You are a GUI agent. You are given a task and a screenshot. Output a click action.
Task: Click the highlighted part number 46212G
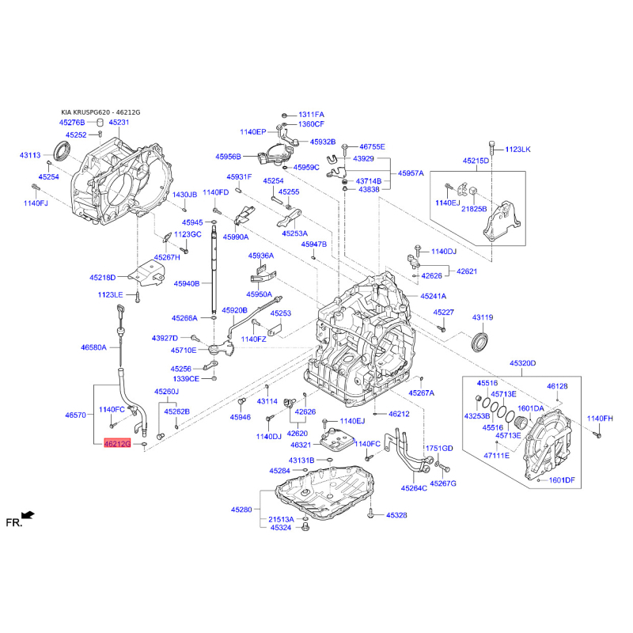[117, 444]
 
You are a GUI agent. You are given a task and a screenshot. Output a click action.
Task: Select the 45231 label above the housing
[119, 123]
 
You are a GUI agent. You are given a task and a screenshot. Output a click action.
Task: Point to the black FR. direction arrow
[28, 515]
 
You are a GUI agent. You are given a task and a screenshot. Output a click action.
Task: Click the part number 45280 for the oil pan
[241, 510]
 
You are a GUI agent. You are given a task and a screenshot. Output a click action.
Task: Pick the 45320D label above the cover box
[523, 363]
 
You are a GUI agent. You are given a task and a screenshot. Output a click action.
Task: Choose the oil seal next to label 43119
[479, 341]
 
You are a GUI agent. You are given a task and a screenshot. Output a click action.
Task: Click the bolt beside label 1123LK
[491, 149]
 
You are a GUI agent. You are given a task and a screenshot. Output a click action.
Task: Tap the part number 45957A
[411, 173]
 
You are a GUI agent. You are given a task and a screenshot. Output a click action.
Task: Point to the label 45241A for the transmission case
[433, 296]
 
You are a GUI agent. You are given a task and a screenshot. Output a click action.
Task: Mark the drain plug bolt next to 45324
[305, 527]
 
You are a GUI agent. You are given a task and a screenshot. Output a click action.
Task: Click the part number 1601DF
[562, 480]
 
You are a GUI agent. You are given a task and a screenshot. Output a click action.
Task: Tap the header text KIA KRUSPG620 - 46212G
[101, 112]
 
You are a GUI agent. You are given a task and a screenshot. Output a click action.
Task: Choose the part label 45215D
[476, 161]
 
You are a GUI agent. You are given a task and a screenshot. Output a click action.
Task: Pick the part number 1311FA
[311, 115]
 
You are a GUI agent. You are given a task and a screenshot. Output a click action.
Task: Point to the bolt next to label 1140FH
[598, 434]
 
